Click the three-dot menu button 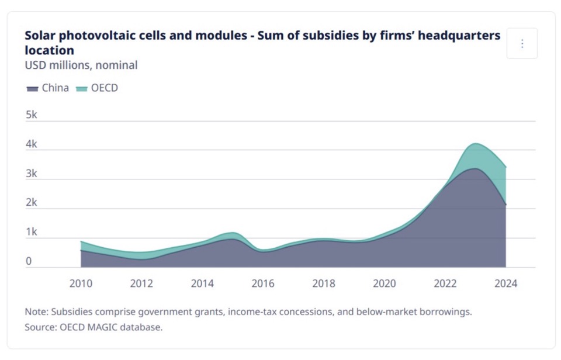tap(522, 43)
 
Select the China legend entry tap(47, 88)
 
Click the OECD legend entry tap(97, 88)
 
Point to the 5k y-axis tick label tap(32, 115)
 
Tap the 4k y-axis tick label tap(32, 144)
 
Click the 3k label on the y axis tap(32, 174)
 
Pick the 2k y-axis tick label tap(32, 203)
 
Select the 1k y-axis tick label tap(32, 232)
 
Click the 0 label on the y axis tap(29, 261)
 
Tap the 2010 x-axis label tap(81, 284)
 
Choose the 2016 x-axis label tap(263, 284)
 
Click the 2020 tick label tap(385, 284)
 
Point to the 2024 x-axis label tap(506, 284)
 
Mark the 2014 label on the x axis tap(202, 284)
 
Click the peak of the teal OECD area tap(475, 144)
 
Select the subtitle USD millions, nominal tap(81, 65)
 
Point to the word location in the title tap(49, 50)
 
